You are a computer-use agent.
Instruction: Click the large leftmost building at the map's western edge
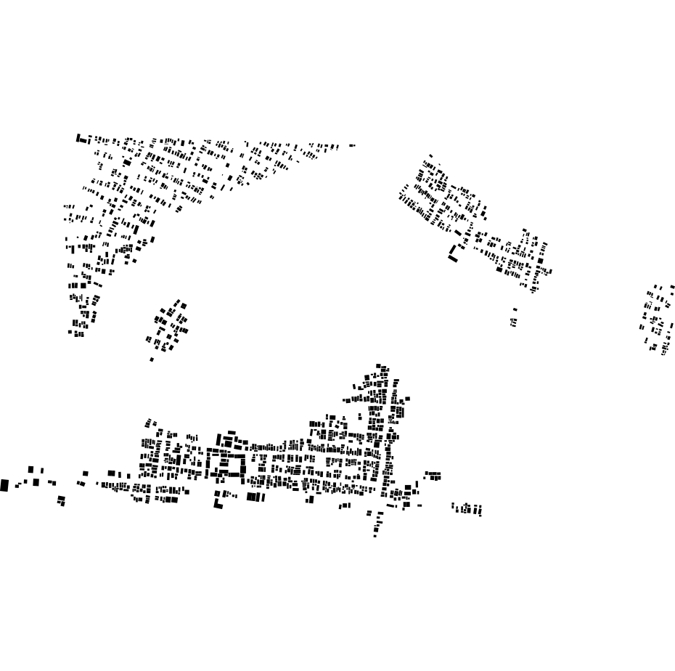(4, 485)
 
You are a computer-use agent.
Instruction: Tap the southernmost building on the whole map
(375, 536)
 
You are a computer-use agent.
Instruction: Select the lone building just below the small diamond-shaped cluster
(152, 359)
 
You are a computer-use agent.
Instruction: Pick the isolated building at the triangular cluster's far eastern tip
(352, 145)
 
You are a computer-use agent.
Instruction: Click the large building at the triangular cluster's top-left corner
(81, 138)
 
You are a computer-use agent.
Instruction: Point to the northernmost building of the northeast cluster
(430, 155)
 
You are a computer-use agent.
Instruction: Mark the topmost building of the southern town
(378, 367)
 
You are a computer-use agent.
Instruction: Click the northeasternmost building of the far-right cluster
(672, 287)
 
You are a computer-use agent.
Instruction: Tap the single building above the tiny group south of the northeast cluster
(515, 310)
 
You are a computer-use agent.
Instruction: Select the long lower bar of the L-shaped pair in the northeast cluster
(453, 258)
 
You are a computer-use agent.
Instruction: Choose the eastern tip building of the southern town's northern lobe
(407, 399)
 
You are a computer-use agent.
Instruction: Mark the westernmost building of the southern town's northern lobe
(345, 399)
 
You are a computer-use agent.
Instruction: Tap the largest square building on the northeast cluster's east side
(540, 261)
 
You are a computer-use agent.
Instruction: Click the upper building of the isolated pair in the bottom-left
(60, 498)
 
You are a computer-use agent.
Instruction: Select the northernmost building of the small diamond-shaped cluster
(178, 300)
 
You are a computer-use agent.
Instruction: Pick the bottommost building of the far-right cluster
(663, 353)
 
